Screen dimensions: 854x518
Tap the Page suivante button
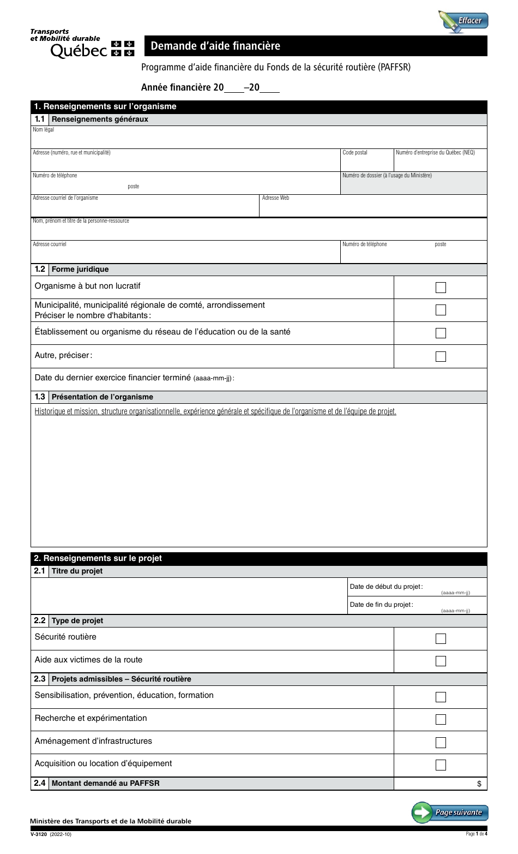click(x=450, y=812)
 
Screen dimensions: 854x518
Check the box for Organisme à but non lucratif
click(x=441, y=288)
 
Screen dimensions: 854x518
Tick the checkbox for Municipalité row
click(x=441, y=310)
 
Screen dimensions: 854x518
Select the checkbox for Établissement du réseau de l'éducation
click(x=441, y=333)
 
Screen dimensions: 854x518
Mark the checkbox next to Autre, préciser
click(x=441, y=356)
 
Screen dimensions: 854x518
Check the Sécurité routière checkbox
click(x=441, y=638)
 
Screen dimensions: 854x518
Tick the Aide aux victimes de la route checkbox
click(x=441, y=661)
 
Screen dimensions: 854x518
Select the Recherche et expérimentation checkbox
click(x=441, y=719)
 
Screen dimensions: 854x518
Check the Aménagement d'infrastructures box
click(x=441, y=742)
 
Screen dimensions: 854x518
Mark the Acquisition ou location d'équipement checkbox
click(x=441, y=765)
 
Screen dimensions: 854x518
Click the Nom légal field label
click(x=44, y=130)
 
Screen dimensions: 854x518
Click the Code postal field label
click(x=355, y=153)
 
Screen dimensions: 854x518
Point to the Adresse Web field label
click(x=275, y=198)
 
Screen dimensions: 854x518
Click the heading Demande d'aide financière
click(x=215, y=46)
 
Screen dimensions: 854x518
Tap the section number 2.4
click(x=40, y=783)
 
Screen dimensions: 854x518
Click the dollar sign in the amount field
click(x=479, y=784)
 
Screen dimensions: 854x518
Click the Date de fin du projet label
click(x=381, y=605)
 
